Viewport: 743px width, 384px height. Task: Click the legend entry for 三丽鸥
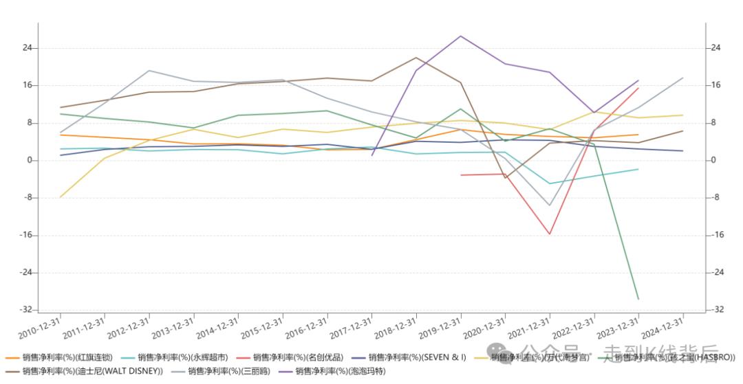point(221,371)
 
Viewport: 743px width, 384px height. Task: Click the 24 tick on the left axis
point(28,48)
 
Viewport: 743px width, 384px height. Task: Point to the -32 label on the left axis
point(27,310)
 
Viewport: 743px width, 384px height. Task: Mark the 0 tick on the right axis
point(714,161)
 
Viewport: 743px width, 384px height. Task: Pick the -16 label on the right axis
point(716,235)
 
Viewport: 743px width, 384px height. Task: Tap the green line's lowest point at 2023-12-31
point(638,299)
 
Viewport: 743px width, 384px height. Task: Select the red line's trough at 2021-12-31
point(550,234)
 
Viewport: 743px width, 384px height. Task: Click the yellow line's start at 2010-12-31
point(61,197)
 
